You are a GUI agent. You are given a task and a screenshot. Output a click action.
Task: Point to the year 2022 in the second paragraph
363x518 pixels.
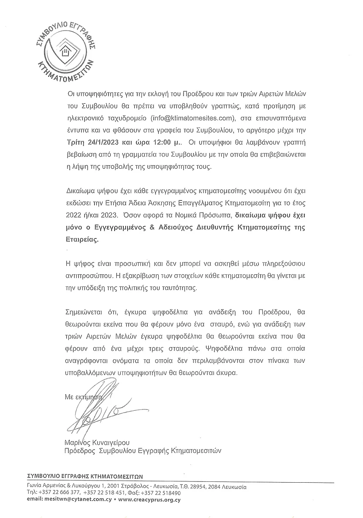[73, 215]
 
